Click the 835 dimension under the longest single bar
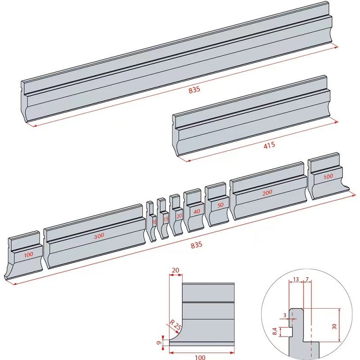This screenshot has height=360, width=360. click(194, 90)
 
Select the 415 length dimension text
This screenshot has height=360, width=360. click(270, 145)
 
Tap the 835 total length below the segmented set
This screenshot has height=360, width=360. click(197, 245)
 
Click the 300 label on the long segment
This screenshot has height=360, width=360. click(99, 235)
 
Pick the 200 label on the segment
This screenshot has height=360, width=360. click(267, 193)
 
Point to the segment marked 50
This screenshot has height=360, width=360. click(220, 205)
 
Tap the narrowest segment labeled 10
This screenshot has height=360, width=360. click(154, 222)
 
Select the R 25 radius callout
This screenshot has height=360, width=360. click(176, 325)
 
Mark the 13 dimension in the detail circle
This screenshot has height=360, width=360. click(295, 279)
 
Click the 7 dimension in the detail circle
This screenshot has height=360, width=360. click(307, 279)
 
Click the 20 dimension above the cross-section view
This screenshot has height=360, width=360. click(175, 270)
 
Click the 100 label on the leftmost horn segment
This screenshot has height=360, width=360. click(29, 254)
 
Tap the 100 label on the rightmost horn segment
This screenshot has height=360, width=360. click(328, 176)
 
